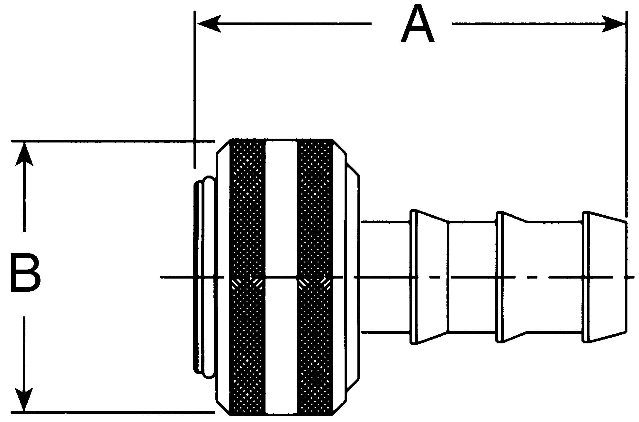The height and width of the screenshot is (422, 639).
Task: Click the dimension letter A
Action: (418, 25)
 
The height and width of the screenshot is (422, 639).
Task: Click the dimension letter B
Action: (25, 273)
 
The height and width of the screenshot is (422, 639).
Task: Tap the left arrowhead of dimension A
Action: (209, 24)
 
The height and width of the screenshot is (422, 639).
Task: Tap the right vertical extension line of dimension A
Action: (626, 112)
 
